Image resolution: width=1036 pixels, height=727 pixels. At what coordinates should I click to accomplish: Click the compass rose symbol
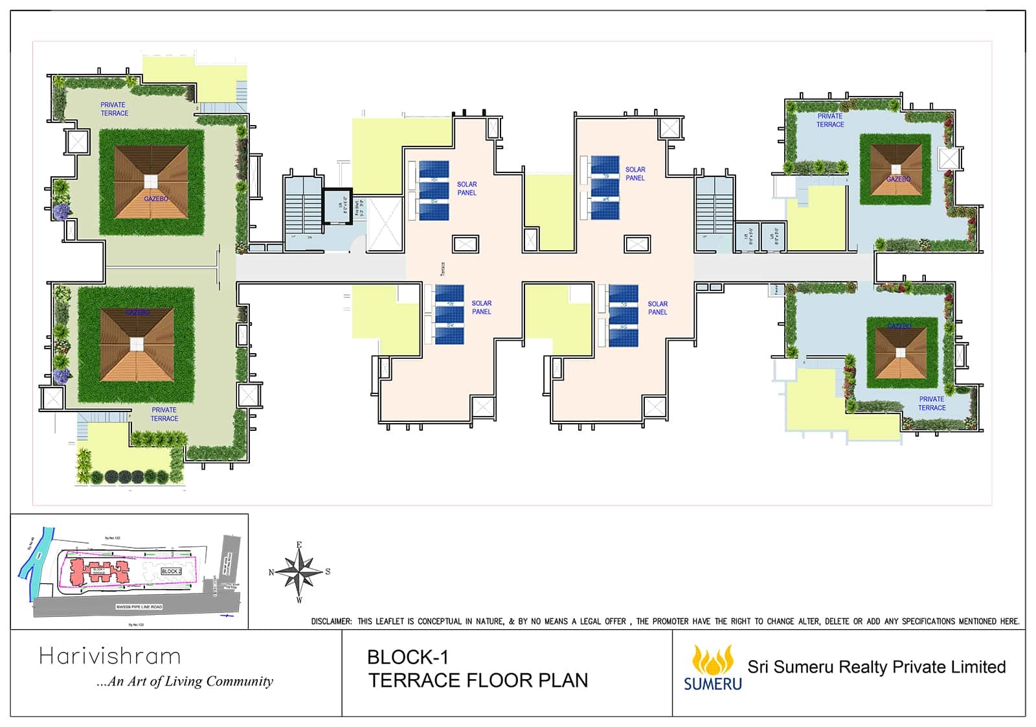(x=299, y=571)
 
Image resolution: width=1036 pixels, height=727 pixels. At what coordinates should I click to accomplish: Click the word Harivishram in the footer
(x=109, y=656)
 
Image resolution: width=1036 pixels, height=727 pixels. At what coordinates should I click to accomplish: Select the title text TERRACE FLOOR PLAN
(x=478, y=680)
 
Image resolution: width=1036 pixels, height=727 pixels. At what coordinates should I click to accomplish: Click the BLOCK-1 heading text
(x=407, y=657)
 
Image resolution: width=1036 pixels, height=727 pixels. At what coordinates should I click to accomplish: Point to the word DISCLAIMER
(x=331, y=621)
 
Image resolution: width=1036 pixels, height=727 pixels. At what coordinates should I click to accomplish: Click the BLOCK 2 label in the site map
(x=171, y=571)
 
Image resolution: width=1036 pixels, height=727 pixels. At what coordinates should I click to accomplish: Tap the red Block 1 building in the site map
(x=97, y=570)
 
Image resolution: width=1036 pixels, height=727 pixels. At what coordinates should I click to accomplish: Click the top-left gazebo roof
(x=151, y=183)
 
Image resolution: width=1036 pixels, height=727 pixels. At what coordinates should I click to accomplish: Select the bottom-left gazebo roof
(x=137, y=345)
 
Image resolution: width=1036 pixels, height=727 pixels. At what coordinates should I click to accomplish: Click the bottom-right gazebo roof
(x=901, y=353)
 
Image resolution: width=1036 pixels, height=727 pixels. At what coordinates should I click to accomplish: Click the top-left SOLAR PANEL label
(x=467, y=189)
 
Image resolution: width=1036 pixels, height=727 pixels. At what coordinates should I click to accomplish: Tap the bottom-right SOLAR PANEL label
(x=657, y=308)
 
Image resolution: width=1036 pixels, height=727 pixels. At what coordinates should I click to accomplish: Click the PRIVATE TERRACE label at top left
(x=114, y=109)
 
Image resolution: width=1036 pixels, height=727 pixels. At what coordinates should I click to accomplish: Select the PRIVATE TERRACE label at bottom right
(x=931, y=403)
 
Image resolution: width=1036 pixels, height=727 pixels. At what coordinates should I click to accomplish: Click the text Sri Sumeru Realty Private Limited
(x=876, y=667)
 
